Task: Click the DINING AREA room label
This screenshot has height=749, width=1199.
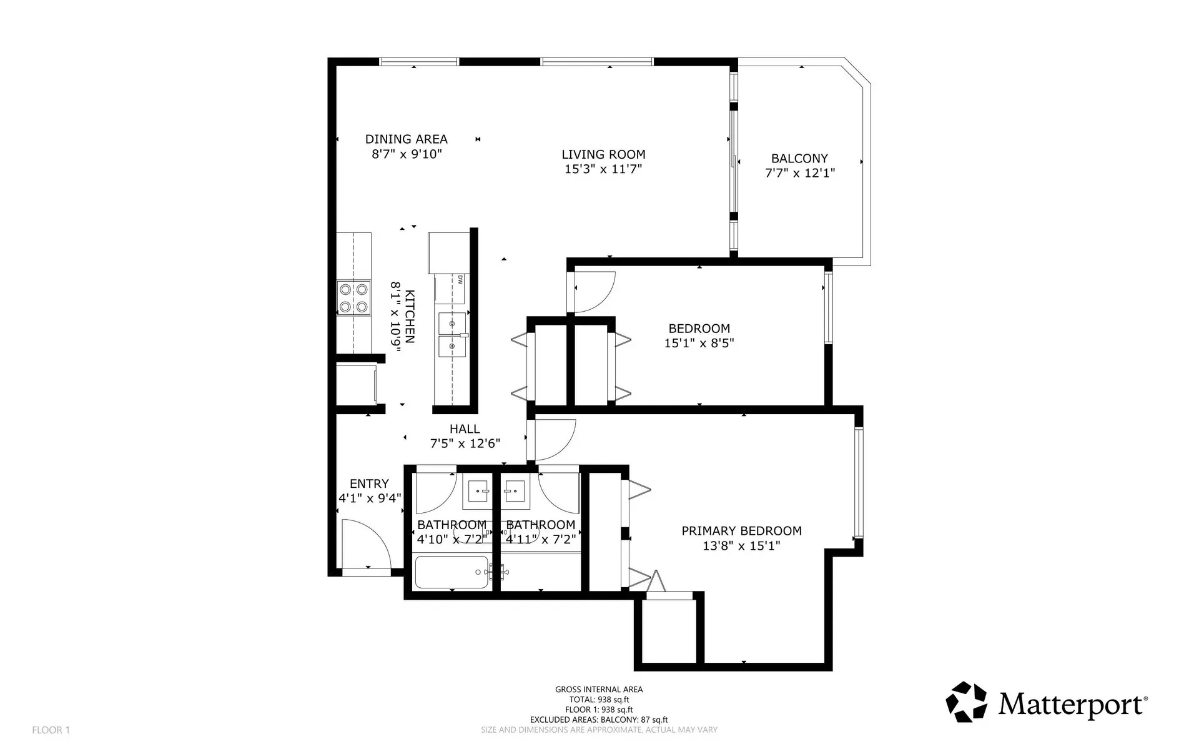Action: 406,139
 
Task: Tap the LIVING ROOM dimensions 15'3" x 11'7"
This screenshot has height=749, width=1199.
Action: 603,169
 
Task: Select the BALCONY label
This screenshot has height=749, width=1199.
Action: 799,159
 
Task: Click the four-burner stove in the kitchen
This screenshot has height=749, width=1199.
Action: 353,297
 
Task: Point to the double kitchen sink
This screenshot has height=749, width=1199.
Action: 452,335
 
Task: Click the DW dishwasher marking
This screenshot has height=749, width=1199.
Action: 460,280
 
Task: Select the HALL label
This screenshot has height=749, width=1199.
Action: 465,429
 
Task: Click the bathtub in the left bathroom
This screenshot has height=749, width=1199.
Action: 451,572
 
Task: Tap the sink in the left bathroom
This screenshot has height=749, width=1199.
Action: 478,492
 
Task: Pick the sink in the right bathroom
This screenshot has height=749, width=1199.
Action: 515,492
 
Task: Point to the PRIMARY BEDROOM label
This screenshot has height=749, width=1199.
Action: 741,531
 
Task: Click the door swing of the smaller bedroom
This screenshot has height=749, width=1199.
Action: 595,292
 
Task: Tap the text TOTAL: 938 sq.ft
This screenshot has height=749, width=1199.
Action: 599,700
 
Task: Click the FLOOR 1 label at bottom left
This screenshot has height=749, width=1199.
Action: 51,730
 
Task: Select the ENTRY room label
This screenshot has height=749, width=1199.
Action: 369,484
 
